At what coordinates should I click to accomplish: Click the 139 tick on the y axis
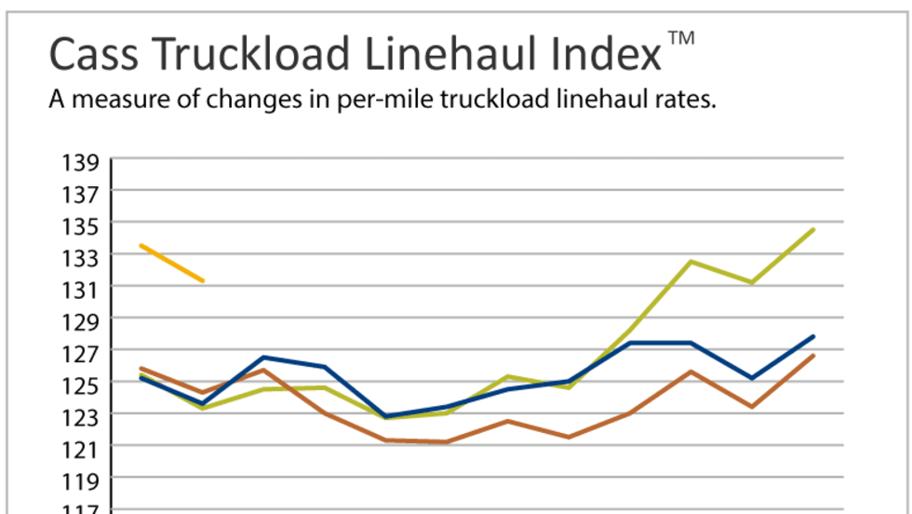81,163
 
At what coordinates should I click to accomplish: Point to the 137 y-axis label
81,195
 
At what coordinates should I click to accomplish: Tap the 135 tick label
81,226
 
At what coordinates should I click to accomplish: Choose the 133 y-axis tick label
81,258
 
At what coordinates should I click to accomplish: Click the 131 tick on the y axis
81,290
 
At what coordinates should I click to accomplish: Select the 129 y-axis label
81,321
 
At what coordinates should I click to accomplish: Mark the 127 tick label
81,353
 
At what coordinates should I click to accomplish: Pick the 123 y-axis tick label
81,416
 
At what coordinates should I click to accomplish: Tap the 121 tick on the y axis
81,449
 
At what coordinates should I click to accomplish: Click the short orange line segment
171,263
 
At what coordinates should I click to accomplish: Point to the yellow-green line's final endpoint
813,229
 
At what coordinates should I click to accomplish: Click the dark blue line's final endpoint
813,336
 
